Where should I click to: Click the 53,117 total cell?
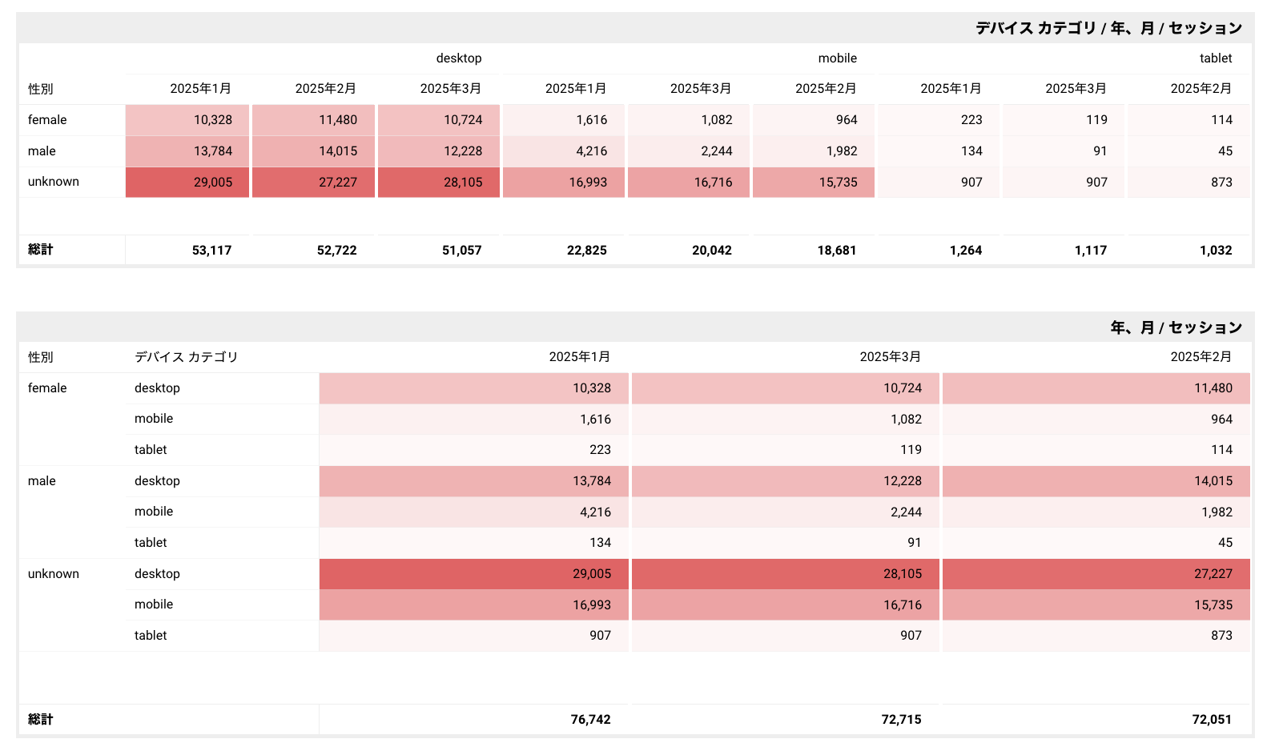point(211,250)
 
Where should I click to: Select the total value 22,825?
point(586,250)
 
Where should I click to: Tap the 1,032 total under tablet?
point(1215,250)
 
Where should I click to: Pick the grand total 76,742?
point(590,719)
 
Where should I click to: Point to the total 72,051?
point(1211,719)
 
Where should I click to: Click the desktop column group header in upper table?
point(458,58)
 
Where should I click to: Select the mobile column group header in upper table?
point(837,58)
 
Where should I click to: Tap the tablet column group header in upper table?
point(1215,58)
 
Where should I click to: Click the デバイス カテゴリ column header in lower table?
point(186,356)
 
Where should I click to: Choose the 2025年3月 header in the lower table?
point(890,356)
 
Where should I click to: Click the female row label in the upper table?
point(47,119)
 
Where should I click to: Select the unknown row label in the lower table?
point(53,573)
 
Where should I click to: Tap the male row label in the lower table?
point(42,480)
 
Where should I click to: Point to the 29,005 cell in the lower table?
point(591,573)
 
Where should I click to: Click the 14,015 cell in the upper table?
point(338,151)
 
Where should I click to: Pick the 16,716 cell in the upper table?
point(713,182)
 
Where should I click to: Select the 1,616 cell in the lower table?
point(595,419)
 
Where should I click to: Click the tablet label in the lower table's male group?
point(151,542)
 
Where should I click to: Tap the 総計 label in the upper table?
point(40,249)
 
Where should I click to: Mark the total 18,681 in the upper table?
point(836,250)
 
